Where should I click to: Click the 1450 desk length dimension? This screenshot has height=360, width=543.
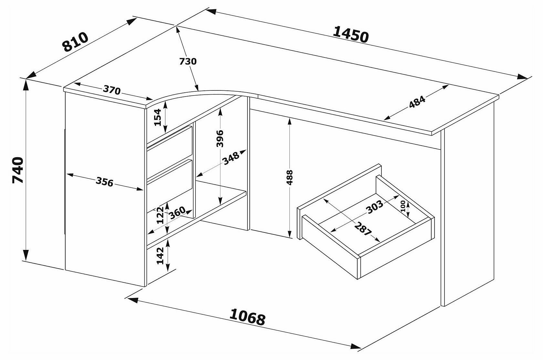tap(350, 35)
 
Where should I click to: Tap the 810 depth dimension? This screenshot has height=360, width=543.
tap(75, 42)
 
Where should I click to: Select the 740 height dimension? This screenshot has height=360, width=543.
tap(18, 170)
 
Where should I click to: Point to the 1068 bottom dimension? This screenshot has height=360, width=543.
tap(247, 317)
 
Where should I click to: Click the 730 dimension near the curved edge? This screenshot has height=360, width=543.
tap(188, 61)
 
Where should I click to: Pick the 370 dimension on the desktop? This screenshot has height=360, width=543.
tap(112, 90)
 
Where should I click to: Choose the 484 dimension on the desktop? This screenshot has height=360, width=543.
tap(417, 102)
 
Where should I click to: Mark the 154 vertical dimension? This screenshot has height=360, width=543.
tap(157, 117)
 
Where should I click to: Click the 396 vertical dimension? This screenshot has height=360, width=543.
tap(220, 138)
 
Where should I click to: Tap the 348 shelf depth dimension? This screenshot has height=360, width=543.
tap(231, 158)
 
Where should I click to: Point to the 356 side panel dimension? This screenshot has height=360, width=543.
tap(104, 182)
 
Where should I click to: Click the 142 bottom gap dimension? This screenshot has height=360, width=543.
tap(161, 256)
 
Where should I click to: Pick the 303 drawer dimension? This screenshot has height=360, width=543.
tap(375, 207)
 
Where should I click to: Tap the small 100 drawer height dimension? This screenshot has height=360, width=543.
tap(402, 206)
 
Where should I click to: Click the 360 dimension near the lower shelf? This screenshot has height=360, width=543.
tap(177, 213)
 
